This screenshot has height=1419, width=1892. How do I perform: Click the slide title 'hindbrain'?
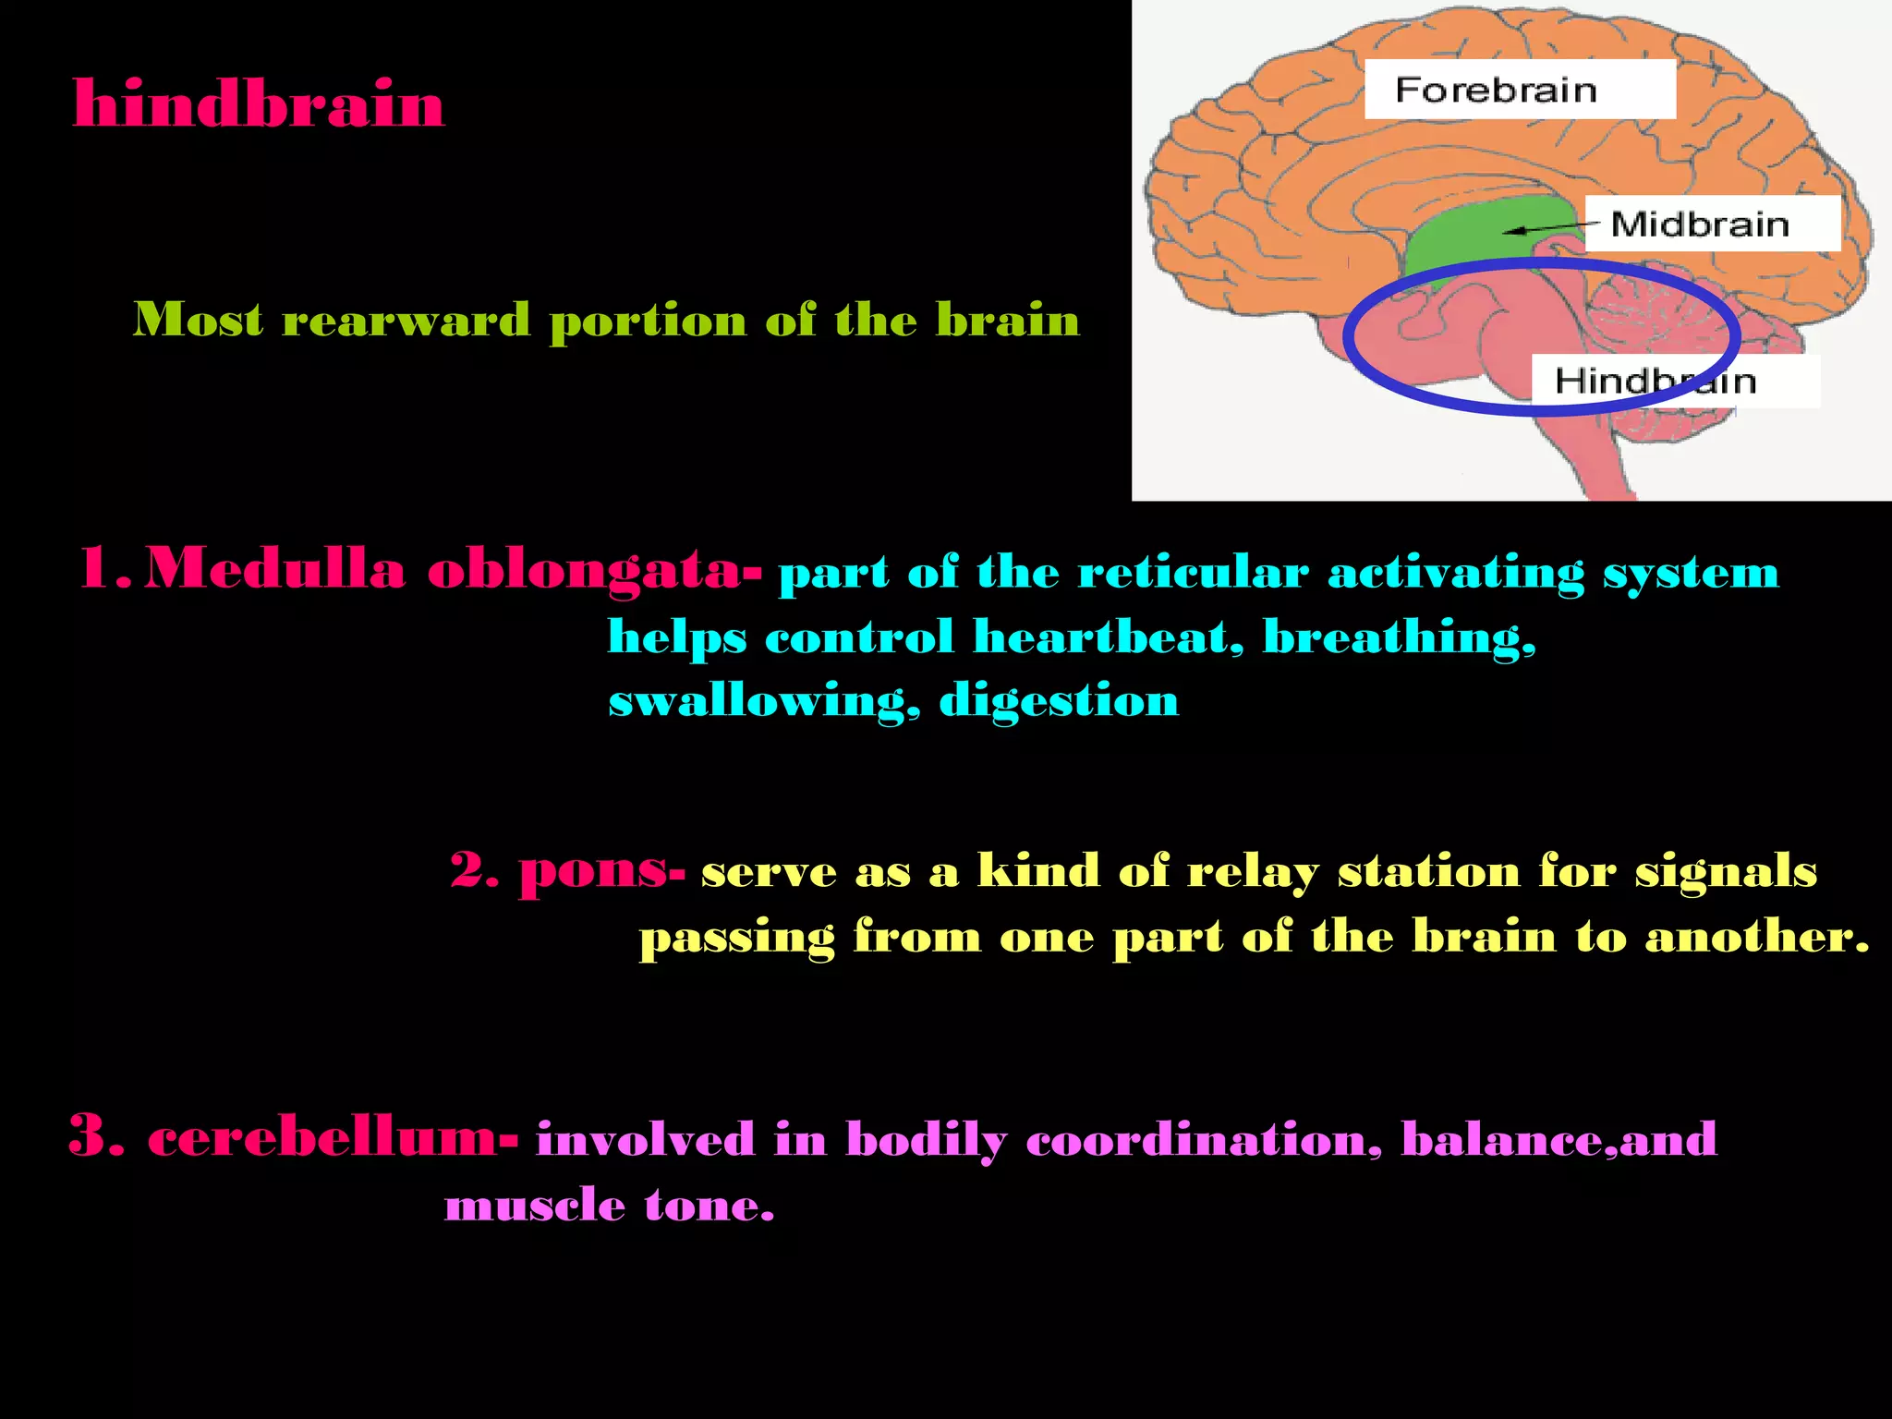point(259,103)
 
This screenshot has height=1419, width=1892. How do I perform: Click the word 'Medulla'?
point(275,567)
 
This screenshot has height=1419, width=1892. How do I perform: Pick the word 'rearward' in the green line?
point(406,320)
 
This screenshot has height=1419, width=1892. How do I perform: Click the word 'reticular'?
point(1193,572)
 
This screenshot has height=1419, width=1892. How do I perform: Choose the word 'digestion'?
point(1059,701)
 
